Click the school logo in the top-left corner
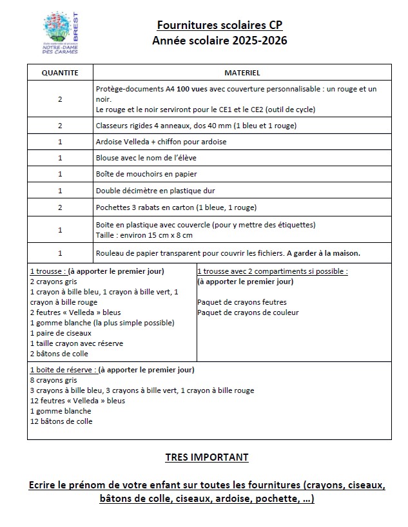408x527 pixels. tap(60, 35)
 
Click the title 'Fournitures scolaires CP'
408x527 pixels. tap(220, 26)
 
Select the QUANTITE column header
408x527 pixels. tap(60, 73)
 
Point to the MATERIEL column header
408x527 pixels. tap(242, 73)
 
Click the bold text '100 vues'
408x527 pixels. tap(196, 89)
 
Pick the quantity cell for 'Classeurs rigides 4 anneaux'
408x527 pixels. tap(60, 125)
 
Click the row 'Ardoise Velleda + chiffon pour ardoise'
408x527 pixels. tap(161, 141)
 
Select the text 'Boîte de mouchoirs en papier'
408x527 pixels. tap(146, 174)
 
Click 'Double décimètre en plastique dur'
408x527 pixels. tap(155, 191)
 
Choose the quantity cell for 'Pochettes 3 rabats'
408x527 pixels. tap(60, 207)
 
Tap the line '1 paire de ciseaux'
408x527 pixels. tap(61, 333)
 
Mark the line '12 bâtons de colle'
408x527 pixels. tap(61, 421)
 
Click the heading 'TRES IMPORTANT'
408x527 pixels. tap(206, 457)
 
